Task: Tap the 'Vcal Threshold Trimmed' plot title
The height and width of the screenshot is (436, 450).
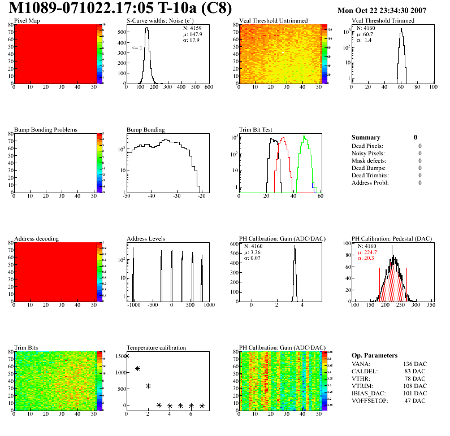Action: point(383,21)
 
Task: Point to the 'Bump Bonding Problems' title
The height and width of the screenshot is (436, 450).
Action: point(46,130)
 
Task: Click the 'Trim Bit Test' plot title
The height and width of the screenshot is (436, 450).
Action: point(256,130)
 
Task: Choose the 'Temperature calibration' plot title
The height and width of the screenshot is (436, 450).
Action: point(157,348)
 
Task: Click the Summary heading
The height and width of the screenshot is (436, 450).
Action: point(366,137)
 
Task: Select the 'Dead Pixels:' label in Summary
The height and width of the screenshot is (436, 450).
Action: point(367,146)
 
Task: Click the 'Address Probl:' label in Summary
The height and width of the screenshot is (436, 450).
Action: point(370,183)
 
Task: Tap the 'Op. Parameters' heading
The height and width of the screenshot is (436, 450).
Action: point(374,355)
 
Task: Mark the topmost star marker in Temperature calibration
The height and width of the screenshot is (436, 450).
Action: point(127,356)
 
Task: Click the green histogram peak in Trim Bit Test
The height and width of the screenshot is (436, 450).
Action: point(304,137)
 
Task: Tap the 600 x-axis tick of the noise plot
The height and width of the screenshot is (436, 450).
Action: point(209,88)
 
